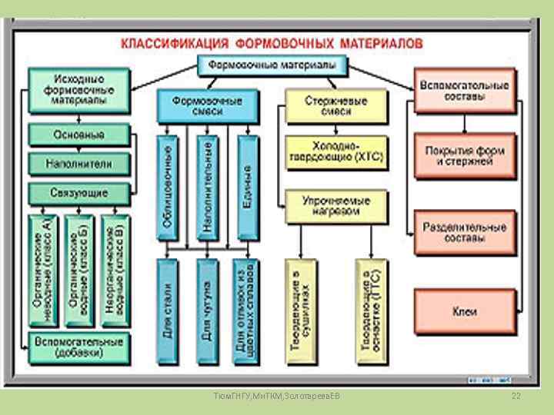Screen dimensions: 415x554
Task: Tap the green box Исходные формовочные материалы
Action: coord(79,90)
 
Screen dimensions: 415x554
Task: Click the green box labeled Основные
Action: coord(79,134)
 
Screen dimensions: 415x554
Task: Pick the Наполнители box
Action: coord(79,164)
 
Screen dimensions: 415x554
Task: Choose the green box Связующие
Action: coord(79,192)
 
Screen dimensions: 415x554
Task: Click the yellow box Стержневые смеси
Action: coord(336,106)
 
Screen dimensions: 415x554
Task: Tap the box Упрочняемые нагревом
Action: coord(336,206)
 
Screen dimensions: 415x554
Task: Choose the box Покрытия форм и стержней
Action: coord(464,156)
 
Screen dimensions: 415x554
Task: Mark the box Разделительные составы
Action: coord(464,232)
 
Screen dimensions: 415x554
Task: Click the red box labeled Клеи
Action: coord(464,311)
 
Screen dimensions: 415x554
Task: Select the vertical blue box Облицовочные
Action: coord(167,187)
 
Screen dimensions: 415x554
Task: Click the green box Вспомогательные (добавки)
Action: coord(79,347)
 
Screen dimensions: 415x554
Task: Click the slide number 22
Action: coord(516,395)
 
